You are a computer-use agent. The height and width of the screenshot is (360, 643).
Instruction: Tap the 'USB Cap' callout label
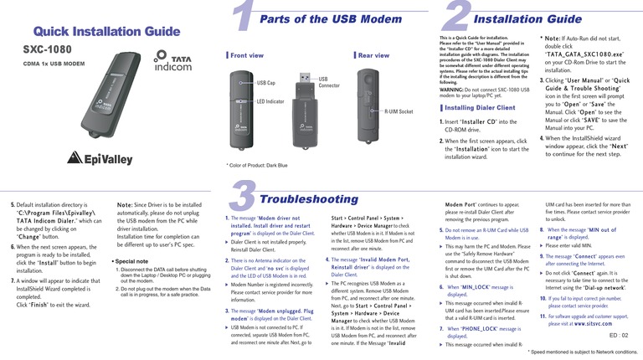[x=265, y=83]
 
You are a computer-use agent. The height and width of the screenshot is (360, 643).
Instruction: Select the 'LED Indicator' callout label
[x=271, y=101]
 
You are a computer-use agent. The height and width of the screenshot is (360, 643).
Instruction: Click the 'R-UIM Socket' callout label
[x=400, y=111]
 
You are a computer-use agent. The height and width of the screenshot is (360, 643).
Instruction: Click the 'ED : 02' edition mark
[x=620, y=335]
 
